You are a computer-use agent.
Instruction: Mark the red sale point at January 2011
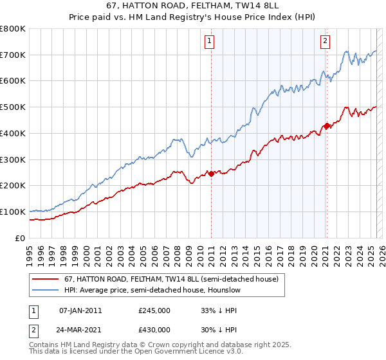click(211, 174)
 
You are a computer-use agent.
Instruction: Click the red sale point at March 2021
click(327, 125)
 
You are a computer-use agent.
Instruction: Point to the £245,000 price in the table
click(154, 310)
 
